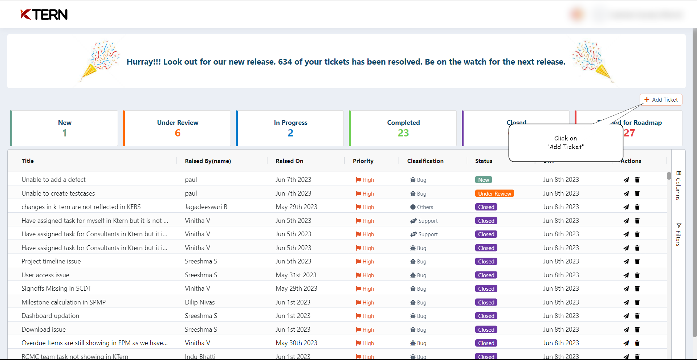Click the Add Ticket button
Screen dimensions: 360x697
(x=661, y=100)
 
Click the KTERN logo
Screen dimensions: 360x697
(x=44, y=15)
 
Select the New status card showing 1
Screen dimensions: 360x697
(x=64, y=128)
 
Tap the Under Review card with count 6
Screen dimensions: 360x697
(x=177, y=128)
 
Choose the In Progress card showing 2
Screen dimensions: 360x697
(x=290, y=128)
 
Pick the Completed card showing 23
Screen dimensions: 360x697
(x=403, y=128)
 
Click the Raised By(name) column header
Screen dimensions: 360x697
(x=208, y=161)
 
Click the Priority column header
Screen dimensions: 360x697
(x=363, y=161)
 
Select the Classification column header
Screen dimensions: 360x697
(x=425, y=161)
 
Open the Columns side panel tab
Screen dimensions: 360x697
(x=678, y=185)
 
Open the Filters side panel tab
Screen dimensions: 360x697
(x=678, y=235)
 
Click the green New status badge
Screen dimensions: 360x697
(x=484, y=180)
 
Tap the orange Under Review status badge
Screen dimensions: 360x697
(x=494, y=194)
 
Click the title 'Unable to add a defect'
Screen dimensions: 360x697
(x=53, y=180)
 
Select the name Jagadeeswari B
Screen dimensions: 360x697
(x=206, y=207)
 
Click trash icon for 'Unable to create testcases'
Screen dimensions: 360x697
(x=637, y=194)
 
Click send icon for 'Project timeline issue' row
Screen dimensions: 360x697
(x=626, y=262)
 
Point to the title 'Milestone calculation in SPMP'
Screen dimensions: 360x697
(x=64, y=302)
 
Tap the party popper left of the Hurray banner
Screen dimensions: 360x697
(x=99, y=60)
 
